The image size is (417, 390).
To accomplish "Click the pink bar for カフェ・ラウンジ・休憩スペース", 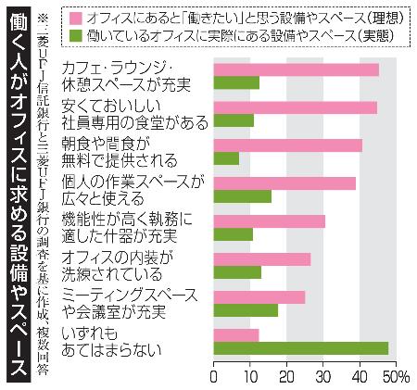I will [x=296, y=69].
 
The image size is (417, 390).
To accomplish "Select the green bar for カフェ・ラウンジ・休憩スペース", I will [x=236, y=82].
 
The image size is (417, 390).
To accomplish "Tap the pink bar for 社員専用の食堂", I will [x=295, y=107].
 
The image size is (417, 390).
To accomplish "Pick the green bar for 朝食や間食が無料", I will [x=226, y=158].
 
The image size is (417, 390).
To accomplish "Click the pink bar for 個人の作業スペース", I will [x=284, y=183].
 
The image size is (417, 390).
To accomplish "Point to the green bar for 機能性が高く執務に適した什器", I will [x=234, y=234].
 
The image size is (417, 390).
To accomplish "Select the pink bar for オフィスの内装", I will [x=262, y=258].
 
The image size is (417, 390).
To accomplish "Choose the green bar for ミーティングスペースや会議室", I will [x=246, y=310].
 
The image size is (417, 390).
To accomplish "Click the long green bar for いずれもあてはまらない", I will [x=300, y=348].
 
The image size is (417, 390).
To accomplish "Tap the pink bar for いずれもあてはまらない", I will [x=236, y=334].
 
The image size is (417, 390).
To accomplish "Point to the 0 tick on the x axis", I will [x=214, y=376].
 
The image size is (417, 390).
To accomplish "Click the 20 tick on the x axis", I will [x=286, y=376].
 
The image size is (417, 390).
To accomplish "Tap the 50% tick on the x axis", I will [x=393, y=376].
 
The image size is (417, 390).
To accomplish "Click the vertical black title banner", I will [x=19, y=195].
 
